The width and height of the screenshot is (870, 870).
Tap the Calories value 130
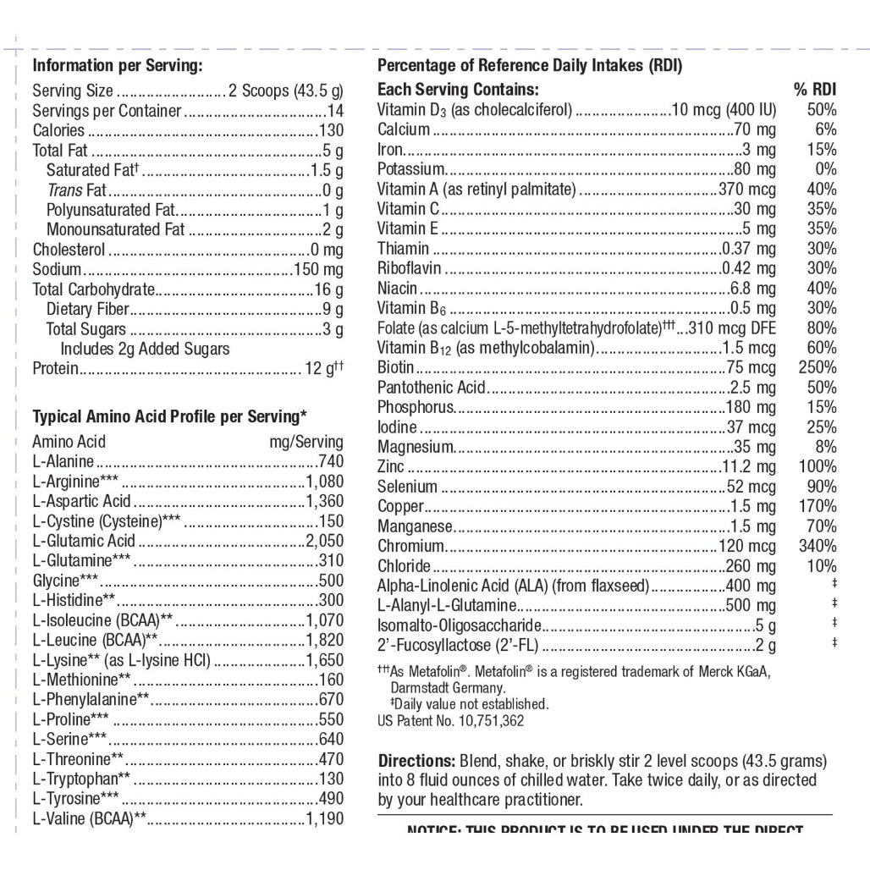(x=331, y=131)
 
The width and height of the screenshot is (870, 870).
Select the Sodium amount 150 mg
(x=318, y=270)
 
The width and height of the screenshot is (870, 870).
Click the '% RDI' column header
(x=815, y=90)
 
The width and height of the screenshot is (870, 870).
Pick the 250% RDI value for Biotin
(x=817, y=367)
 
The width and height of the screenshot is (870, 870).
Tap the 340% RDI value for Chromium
(x=817, y=546)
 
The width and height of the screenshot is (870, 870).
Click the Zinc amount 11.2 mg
(x=749, y=466)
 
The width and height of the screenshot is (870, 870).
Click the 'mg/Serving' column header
(x=306, y=442)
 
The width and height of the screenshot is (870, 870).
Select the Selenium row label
(x=408, y=487)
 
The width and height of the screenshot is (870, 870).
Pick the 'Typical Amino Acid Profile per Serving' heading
(x=169, y=416)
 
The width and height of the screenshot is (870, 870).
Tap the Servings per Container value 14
(x=336, y=111)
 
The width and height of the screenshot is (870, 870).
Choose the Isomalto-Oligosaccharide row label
(x=460, y=625)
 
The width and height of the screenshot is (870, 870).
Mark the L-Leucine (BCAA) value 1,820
(x=325, y=640)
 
